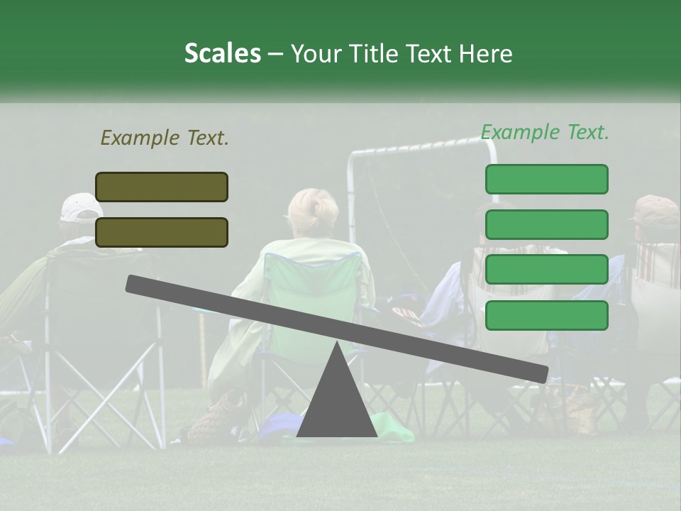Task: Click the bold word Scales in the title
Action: tap(222, 54)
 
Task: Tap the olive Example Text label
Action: tap(165, 138)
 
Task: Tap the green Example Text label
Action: tap(545, 132)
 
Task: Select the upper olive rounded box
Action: tap(162, 187)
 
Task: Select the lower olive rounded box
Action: tap(162, 232)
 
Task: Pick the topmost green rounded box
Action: tap(546, 179)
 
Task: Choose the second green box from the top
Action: tap(546, 224)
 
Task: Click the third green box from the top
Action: tap(546, 270)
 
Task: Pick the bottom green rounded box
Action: tap(546, 315)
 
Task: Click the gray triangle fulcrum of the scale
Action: tap(336, 397)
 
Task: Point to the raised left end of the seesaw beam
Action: tap(135, 284)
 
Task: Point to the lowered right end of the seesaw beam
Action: tap(539, 373)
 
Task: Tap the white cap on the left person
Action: tap(81, 207)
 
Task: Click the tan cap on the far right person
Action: tap(655, 209)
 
